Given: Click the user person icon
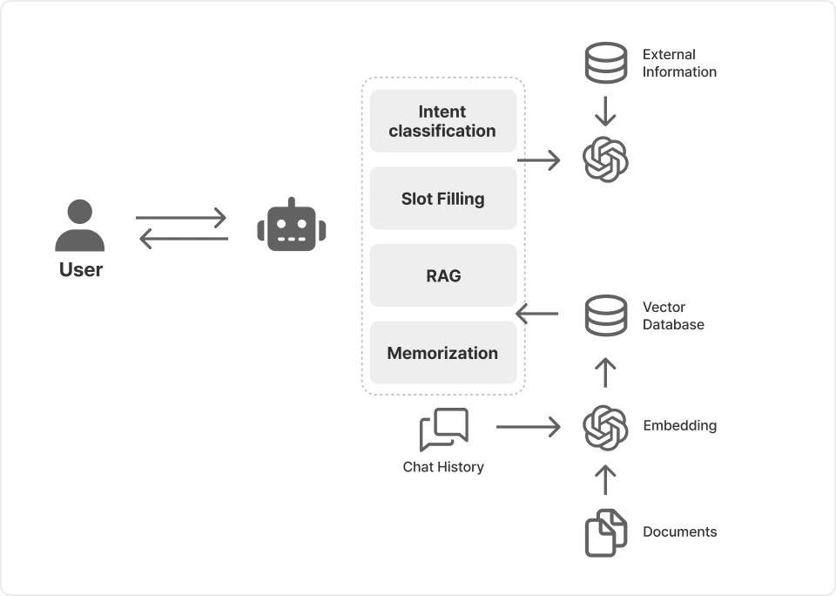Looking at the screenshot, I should coord(80,226).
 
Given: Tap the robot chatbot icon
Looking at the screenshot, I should coord(292,226).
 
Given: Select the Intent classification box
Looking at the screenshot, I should coord(443,121).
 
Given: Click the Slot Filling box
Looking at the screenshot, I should coord(443,199).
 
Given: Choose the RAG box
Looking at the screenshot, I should coord(443,275).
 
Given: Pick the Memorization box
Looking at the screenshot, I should coord(443,353).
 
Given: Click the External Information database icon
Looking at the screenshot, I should coord(605,63).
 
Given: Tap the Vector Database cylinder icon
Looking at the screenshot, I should coord(605,315).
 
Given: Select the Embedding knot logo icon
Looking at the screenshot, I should coord(605,427).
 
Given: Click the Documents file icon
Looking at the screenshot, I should coord(605,532).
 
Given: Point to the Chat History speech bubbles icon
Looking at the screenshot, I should coord(444,429).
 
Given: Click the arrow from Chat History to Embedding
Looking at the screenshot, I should coord(528,427).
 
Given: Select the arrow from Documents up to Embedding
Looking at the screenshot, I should coord(605,478).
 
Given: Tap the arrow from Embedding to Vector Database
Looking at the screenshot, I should coord(605,372).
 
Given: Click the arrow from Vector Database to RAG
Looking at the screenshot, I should coord(537,314).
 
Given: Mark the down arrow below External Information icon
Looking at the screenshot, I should coord(605,111).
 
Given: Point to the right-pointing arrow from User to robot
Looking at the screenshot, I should coord(181,217).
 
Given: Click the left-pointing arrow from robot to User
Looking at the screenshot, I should coord(183,238).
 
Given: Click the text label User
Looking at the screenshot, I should coord(81,270).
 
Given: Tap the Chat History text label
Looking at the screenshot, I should coord(443,467).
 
